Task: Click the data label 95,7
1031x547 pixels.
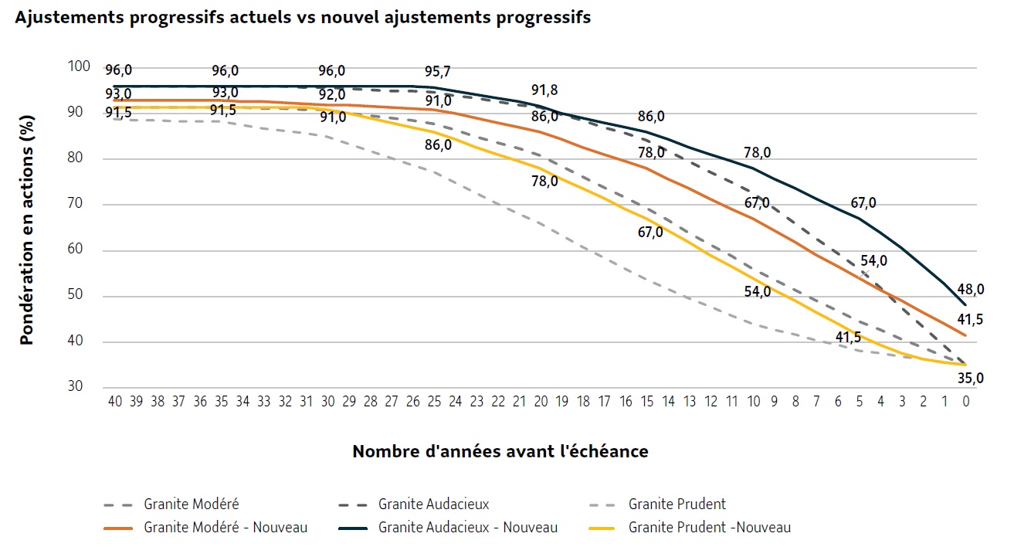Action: click(438, 71)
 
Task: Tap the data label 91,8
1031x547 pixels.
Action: click(544, 90)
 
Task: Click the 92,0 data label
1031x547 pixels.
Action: click(332, 94)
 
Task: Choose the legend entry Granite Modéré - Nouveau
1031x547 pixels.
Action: click(226, 528)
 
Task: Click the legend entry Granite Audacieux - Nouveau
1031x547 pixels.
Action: click(468, 528)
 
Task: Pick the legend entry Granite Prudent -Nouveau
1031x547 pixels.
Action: click(710, 528)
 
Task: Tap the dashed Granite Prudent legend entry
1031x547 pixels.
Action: click(677, 505)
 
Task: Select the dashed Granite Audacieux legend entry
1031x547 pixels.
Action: click(434, 505)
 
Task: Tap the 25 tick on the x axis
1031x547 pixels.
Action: click(434, 402)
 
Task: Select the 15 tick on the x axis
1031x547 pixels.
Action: click(647, 402)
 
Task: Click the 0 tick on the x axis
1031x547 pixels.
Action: click(966, 402)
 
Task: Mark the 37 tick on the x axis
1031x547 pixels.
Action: click(178, 402)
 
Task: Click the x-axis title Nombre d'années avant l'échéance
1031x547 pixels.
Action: click(500, 451)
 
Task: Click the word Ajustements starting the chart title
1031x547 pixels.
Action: click(60, 18)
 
